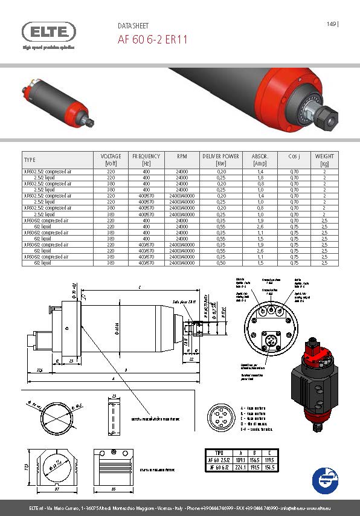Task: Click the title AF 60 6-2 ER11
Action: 152,40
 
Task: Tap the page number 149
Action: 331,24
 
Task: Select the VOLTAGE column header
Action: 111,160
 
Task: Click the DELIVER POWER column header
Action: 220,160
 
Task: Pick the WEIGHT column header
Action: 324,160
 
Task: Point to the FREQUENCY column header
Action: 146,160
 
